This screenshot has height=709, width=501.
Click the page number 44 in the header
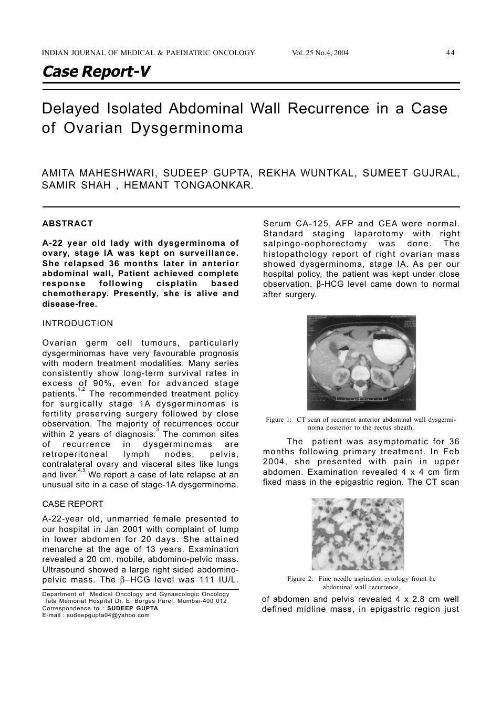click(x=450, y=53)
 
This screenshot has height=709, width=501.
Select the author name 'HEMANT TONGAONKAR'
click(x=189, y=185)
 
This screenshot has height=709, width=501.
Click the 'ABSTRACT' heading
click(x=68, y=224)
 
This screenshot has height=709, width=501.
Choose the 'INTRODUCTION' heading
click(x=78, y=324)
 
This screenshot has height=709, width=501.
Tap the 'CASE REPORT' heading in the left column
click(x=73, y=504)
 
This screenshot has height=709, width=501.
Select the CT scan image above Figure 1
click(x=361, y=362)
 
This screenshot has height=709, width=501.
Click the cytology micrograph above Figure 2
click(x=358, y=534)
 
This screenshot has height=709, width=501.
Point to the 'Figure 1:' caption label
click(x=278, y=420)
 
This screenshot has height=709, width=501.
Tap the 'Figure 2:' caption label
click(x=300, y=579)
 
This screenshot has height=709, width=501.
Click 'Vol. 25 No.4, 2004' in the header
click(x=320, y=53)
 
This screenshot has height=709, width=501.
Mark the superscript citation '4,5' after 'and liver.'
click(x=81, y=471)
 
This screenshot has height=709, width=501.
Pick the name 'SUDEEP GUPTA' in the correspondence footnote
click(x=132, y=608)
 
